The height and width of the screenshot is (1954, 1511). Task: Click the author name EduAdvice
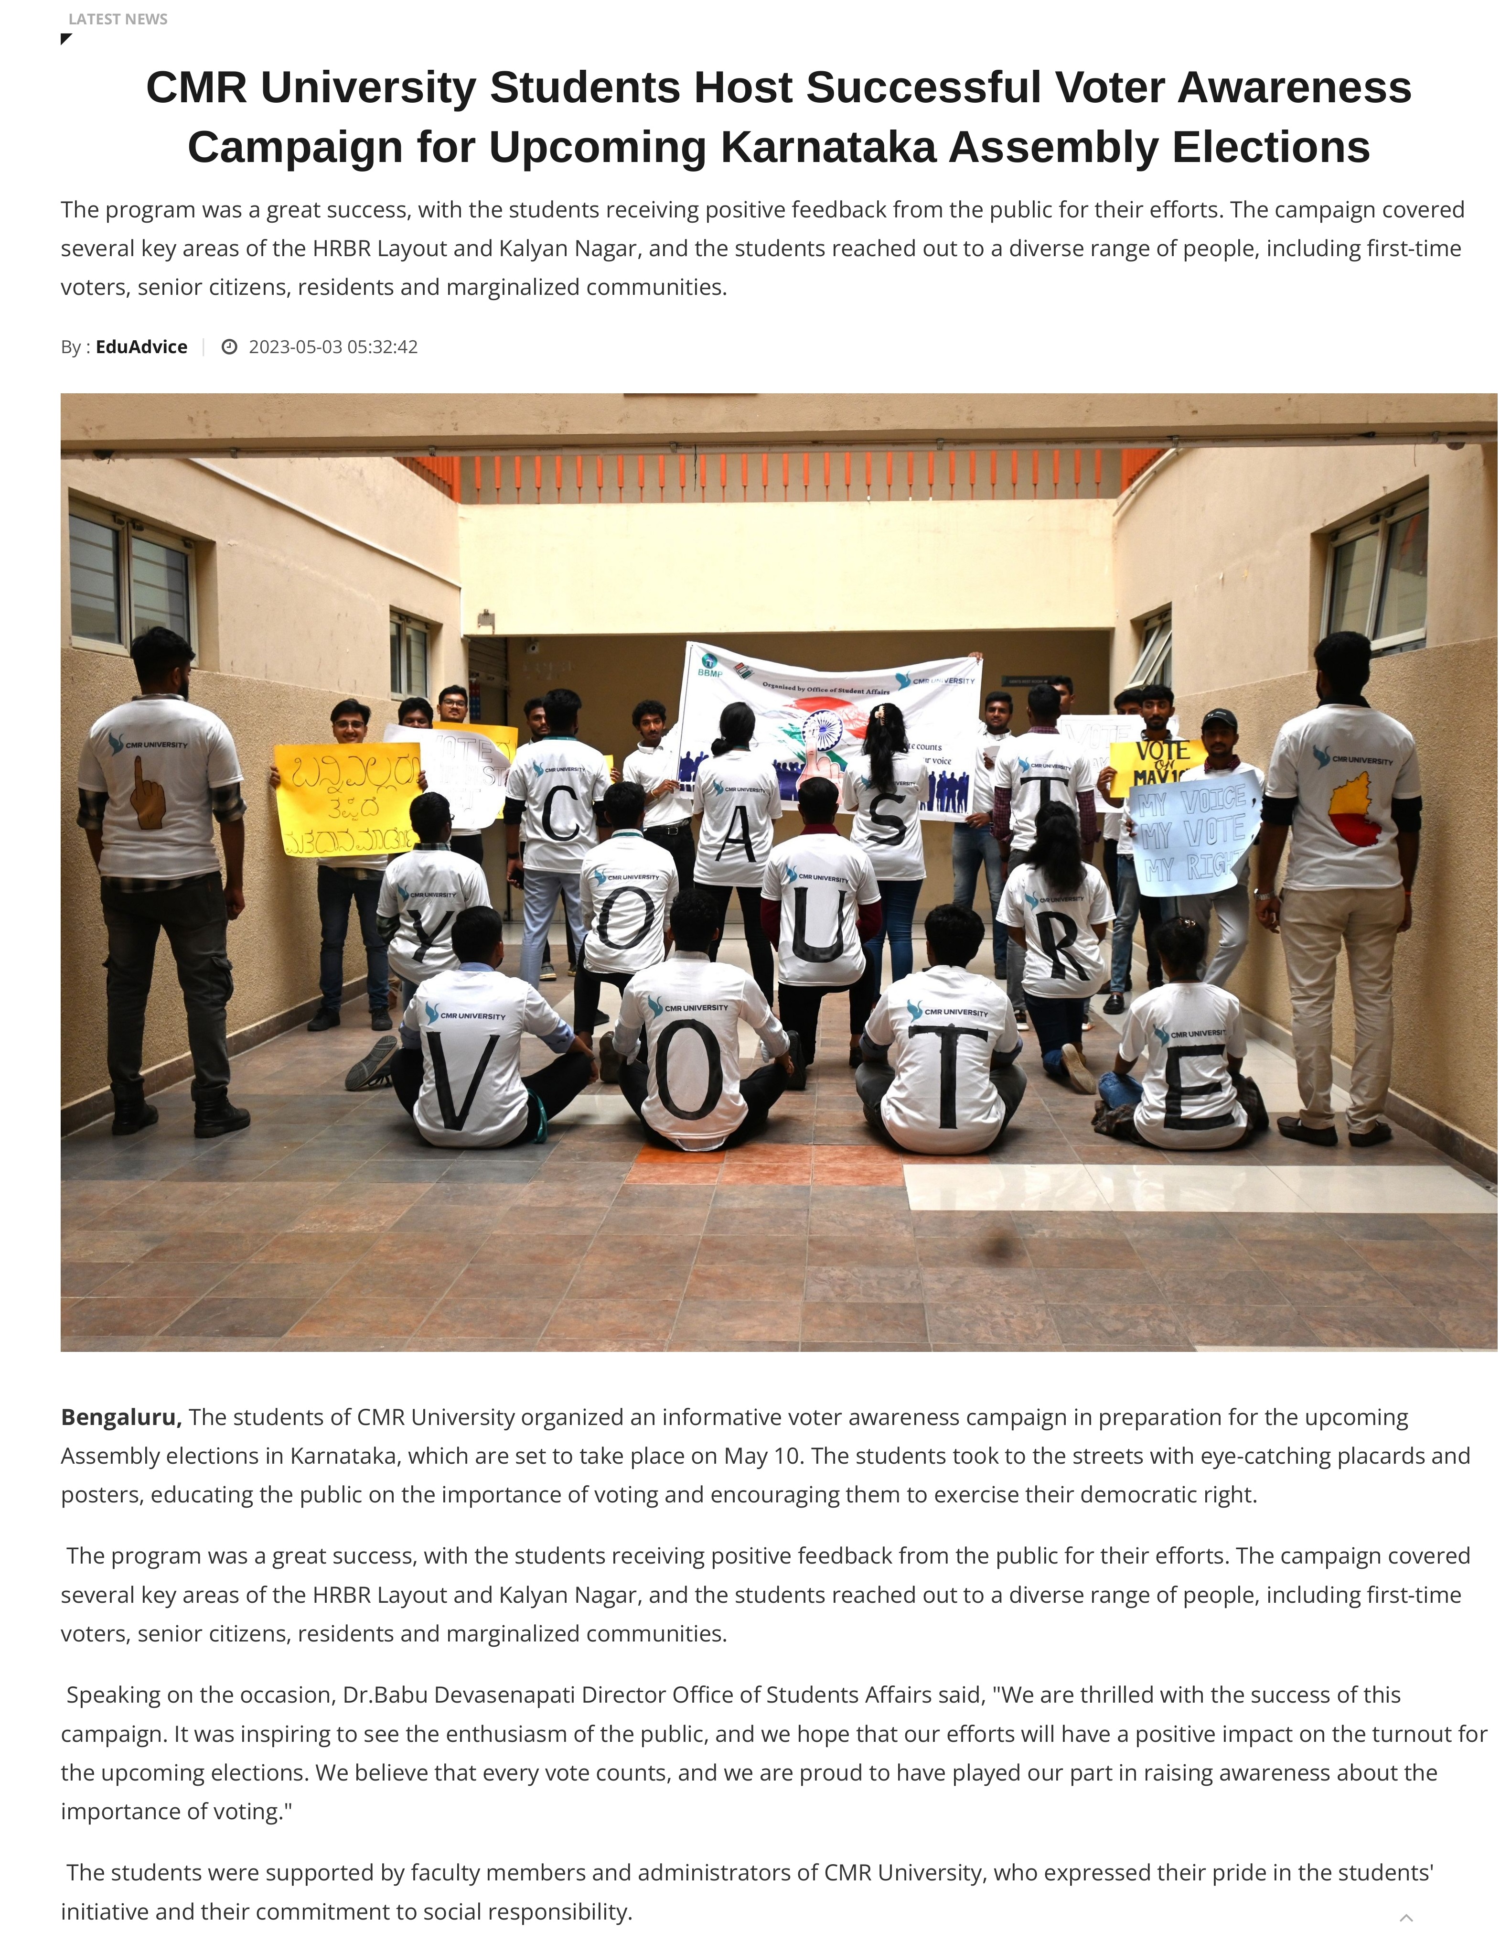click(141, 347)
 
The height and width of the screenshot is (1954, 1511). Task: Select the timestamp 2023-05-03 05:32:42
click(333, 347)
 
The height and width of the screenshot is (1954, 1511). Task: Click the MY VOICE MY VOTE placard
click(1190, 832)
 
